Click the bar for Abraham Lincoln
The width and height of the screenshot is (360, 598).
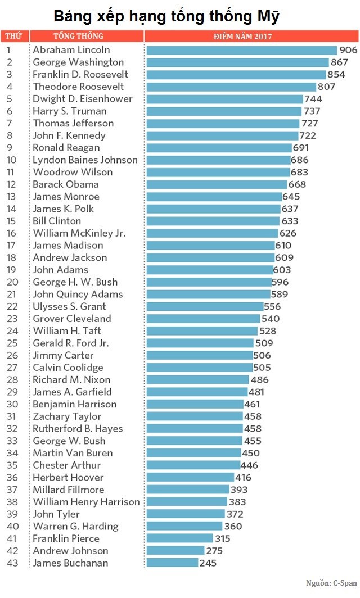coord(241,50)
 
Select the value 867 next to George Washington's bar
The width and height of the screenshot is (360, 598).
coord(339,62)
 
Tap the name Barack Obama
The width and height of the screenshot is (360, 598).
coord(66,184)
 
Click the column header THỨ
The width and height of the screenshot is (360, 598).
coord(13,37)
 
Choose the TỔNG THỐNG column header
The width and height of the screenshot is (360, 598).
coord(78,37)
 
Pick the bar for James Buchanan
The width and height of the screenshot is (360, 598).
coord(172,563)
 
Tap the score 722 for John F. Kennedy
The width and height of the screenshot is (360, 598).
coord(308,135)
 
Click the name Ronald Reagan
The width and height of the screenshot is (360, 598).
coord(66,148)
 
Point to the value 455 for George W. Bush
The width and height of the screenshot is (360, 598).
coord(253,441)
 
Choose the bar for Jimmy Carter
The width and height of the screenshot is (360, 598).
coord(200,355)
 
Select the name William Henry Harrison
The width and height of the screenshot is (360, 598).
coord(86,502)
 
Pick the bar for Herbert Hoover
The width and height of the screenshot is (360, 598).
coord(191,477)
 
